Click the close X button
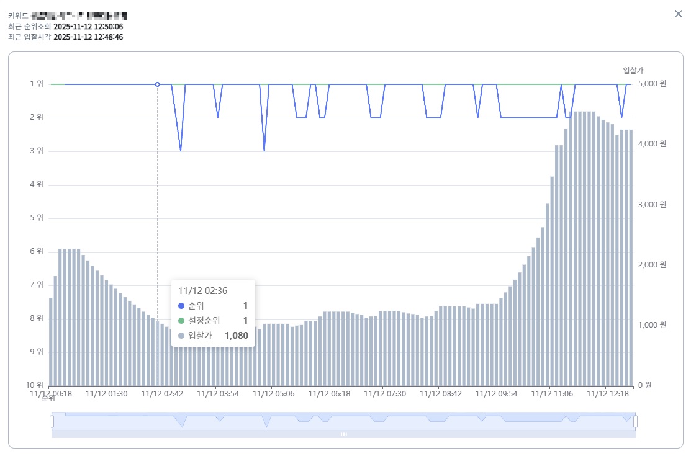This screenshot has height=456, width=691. click(679, 14)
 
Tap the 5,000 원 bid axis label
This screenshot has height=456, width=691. click(652, 84)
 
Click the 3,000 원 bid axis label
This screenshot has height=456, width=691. click(652, 204)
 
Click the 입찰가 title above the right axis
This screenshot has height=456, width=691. click(633, 70)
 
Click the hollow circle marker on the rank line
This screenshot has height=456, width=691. click(157, 84)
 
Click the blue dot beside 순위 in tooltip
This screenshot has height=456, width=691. click(181, 306)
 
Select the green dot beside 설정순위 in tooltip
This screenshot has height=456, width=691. click(181, 321)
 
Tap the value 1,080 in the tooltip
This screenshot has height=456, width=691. click(236, 336)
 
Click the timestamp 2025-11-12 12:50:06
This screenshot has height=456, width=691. click(88, 27)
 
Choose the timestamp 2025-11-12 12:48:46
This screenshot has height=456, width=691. click(88, 37)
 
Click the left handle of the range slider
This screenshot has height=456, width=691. click(52, 422)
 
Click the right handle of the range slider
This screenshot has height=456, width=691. click(635, 422)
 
